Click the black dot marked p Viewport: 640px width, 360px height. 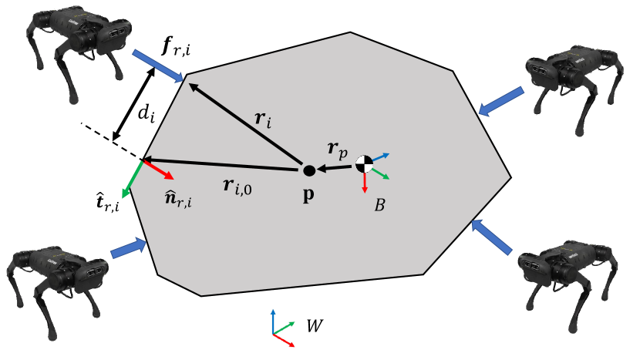coord(308,170)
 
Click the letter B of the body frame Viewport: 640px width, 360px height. coord(379,206)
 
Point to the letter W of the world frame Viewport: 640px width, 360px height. coord(315,326)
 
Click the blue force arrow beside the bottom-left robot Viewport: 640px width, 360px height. coord(128,248)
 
